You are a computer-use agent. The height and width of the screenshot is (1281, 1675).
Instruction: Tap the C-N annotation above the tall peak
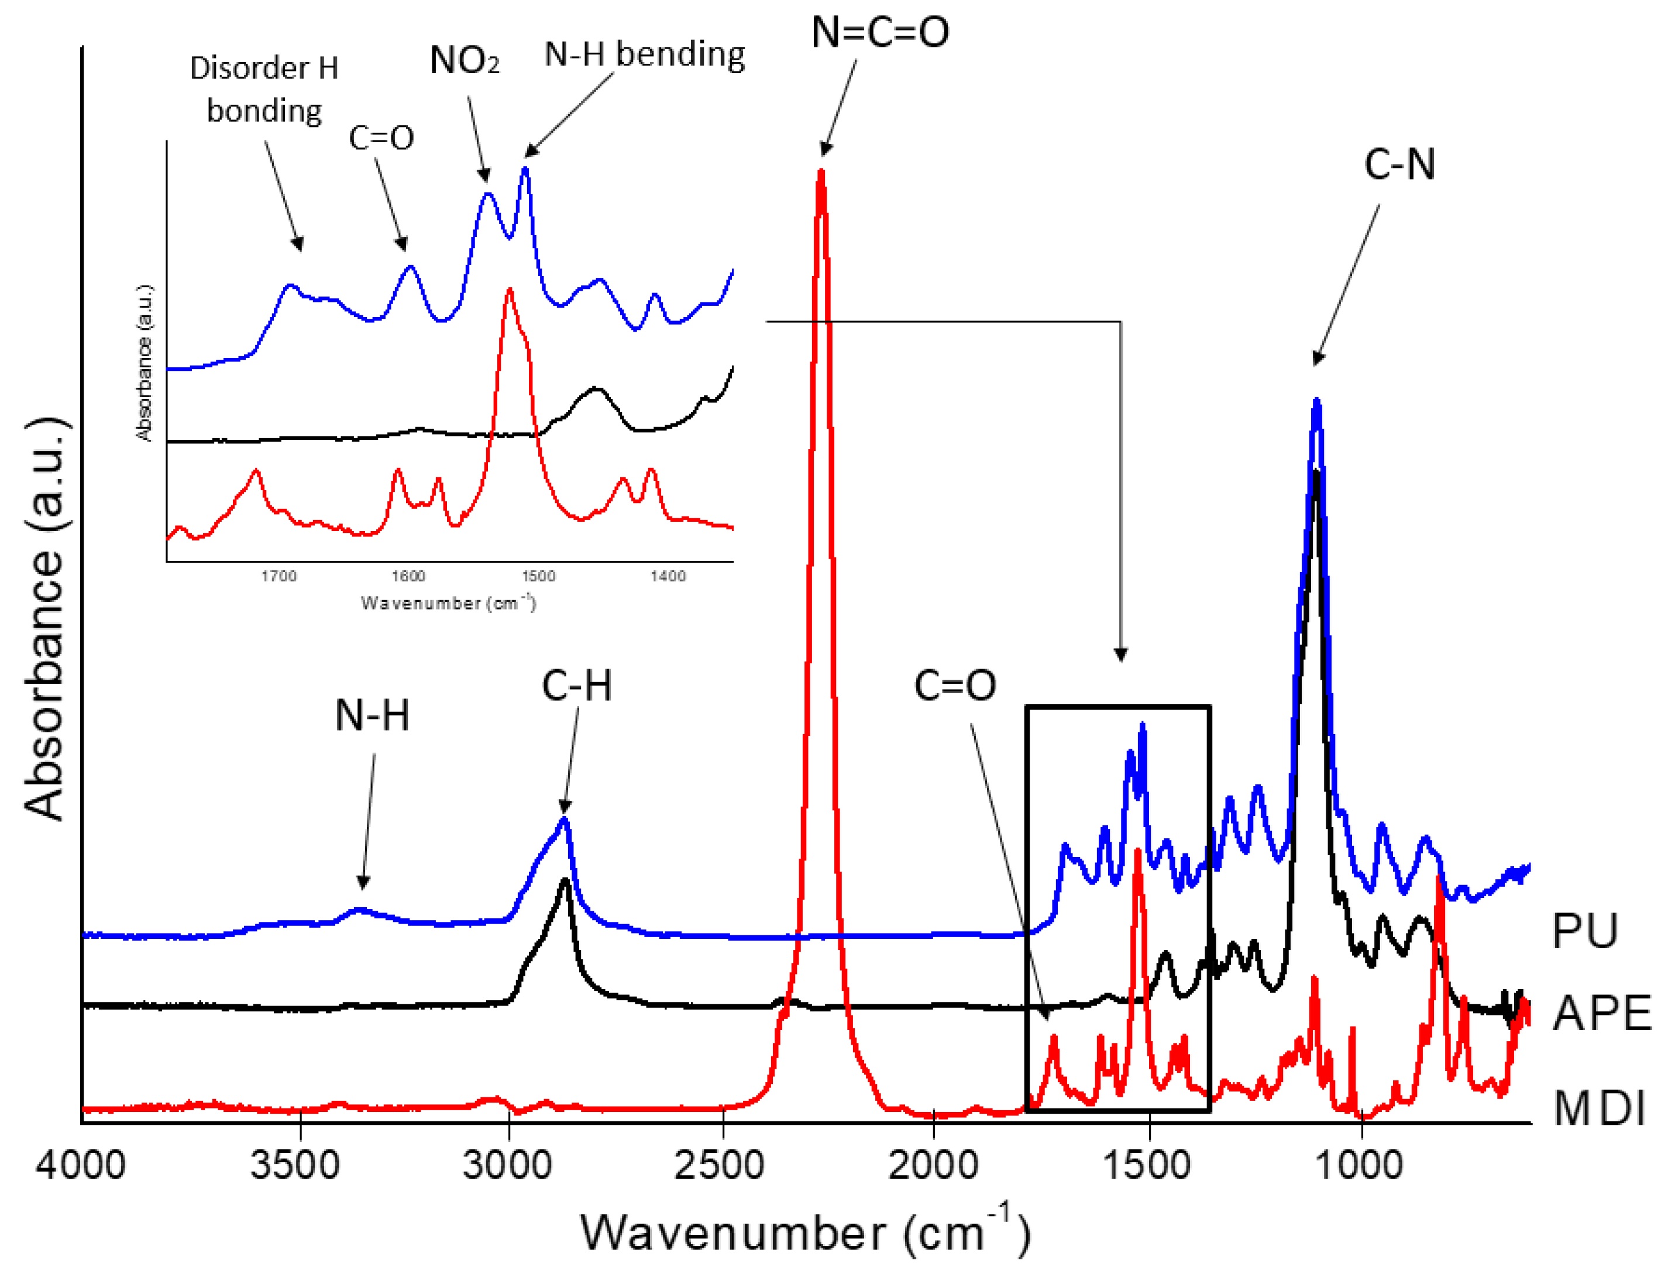[x=1399, y=165]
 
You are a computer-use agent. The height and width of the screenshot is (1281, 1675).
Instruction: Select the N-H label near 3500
[x=372, y=716]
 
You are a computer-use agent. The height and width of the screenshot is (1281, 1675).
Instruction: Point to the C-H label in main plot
[x=577, y=686]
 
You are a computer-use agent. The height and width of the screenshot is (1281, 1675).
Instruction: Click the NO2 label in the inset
[x=464, y=60]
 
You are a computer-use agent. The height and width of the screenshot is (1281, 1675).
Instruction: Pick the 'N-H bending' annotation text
[x=645, y=56]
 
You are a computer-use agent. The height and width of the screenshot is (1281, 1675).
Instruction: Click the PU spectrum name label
[x=1585, y=931]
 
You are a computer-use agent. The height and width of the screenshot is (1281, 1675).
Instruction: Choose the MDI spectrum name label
[x=1600, y=1108]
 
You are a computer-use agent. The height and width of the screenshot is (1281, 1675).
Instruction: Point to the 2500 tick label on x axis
[x=718, y=1166]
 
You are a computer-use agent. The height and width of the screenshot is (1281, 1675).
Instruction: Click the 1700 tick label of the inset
[x=278, y=577]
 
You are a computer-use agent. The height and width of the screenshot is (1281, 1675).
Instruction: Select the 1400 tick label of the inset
[x=668, y=577]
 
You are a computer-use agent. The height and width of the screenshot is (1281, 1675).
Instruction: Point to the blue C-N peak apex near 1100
[x=1316, y=402]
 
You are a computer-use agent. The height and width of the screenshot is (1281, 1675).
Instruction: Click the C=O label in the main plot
[x=955, y=686]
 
